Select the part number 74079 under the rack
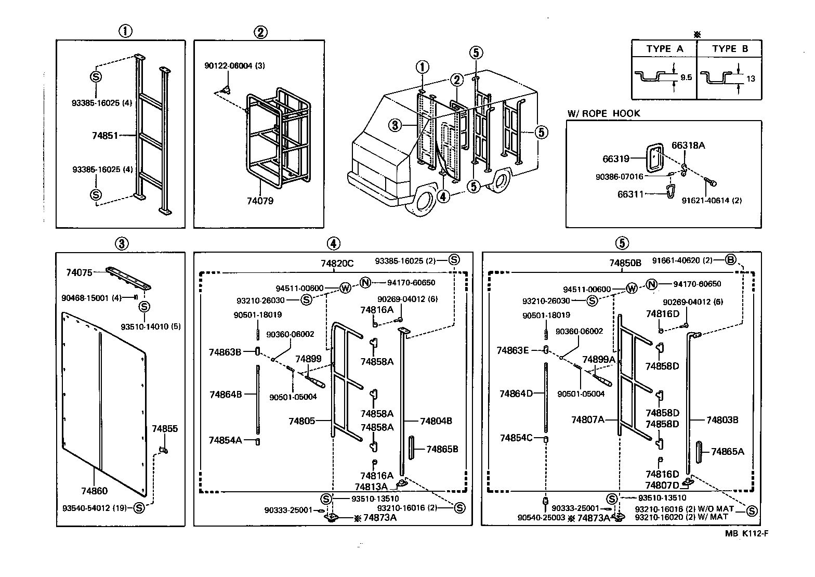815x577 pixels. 260,201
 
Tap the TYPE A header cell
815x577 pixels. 664,49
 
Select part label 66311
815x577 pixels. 630,194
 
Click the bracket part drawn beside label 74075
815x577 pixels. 128,279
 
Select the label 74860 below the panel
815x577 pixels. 94,491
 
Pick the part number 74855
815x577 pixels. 165,429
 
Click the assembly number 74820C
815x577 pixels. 337,264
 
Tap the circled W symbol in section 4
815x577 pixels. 345,288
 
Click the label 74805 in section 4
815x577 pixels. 301,421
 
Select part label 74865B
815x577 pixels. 442,449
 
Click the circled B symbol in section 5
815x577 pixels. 730,260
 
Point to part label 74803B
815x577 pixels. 722,419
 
